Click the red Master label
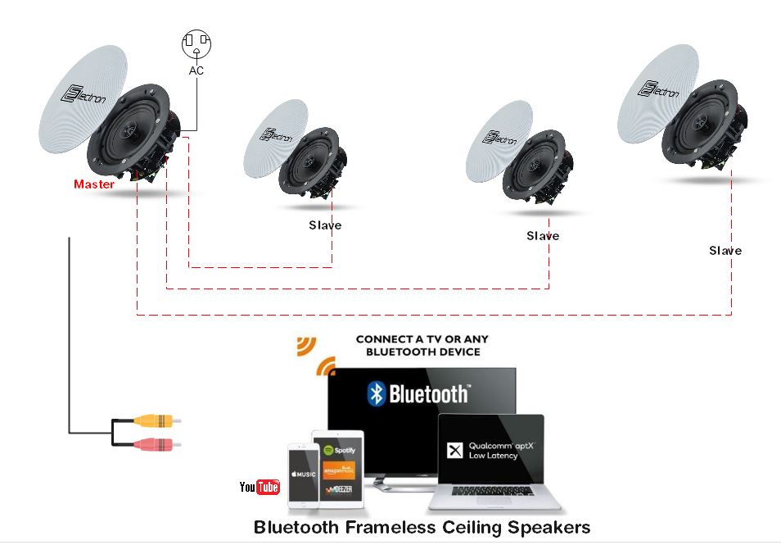point(94,184)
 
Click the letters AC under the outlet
point(196,71)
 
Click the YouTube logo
point(260,488)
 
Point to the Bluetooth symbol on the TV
point(376,394)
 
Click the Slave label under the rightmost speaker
point(725,251)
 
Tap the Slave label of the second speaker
point(325,225)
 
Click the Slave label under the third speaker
point(543,236)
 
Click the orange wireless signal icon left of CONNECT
point(315,352)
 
